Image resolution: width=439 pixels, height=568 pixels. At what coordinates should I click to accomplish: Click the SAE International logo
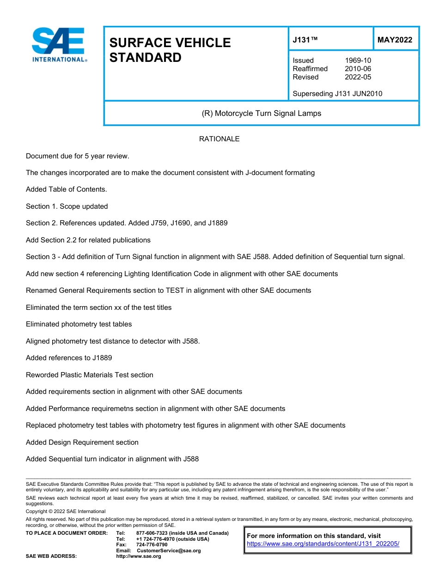[x=59, y=45]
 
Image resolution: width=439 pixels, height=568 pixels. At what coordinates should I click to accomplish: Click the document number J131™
[x=305, y=40]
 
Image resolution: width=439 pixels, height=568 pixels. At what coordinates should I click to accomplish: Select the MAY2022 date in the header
[x=395, y=40]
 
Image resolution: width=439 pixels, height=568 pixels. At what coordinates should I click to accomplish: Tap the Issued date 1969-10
[x=358, y=60]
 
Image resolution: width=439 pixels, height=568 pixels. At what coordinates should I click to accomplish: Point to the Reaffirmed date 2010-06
[x=358, y=69]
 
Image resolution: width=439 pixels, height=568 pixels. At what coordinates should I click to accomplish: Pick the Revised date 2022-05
[x=358, y=77]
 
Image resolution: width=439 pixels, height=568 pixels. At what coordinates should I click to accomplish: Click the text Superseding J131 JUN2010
[x=337, y=94]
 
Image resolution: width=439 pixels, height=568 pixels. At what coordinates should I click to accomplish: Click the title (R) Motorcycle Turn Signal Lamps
[x=261, y=113]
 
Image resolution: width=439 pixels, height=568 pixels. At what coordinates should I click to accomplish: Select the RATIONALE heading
[x=219, y=139]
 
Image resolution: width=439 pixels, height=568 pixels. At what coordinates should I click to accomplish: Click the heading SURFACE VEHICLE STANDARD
[x=170, y=50]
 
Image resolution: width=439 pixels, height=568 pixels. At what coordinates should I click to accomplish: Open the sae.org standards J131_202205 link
[x=323, y=544]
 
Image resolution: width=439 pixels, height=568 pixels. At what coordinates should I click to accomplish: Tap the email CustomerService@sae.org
[x=169, y=550]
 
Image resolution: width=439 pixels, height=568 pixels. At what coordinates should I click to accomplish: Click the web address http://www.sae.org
[x=138, y=556]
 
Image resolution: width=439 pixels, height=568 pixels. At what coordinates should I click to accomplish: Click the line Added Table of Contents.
[x=67, y=189]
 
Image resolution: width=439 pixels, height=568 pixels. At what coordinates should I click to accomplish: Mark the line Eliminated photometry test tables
[x=79, y=324]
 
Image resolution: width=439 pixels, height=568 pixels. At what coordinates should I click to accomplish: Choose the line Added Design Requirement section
[x=82, y=442]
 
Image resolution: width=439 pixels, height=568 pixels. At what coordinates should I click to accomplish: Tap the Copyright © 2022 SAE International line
[x=66, y=511]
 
